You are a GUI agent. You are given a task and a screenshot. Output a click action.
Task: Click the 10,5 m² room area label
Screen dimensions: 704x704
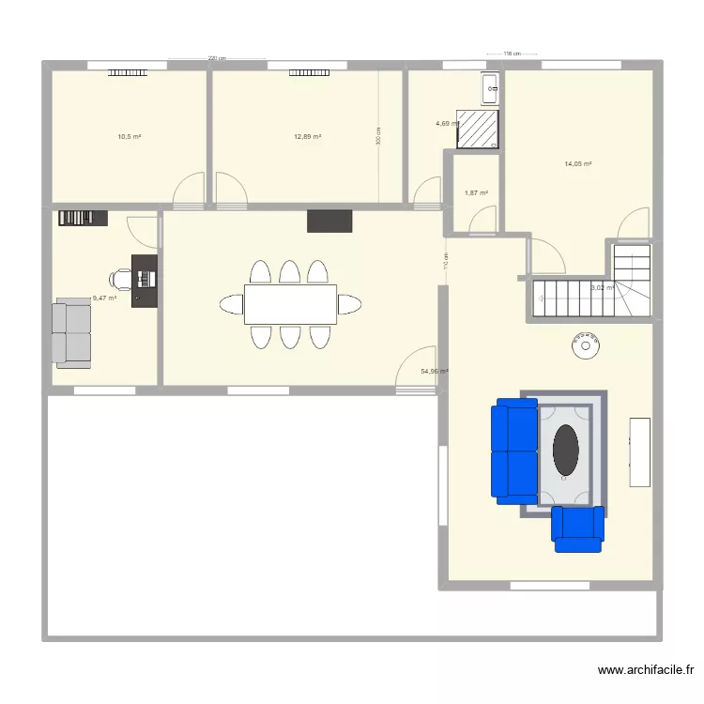pos(129,137)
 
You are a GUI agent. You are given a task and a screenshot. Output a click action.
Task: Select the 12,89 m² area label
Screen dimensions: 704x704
pos(307,137)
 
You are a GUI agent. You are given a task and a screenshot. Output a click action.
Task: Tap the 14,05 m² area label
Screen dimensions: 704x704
pos(577,164)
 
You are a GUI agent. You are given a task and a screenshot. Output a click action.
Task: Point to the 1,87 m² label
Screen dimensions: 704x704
pos(476,193)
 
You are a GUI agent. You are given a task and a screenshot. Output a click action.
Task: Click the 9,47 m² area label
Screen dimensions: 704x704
pos(103,298)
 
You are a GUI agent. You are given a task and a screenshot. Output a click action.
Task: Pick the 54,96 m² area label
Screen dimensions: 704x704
pos(434,371)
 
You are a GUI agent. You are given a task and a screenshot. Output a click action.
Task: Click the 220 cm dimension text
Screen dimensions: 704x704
pos(217,58)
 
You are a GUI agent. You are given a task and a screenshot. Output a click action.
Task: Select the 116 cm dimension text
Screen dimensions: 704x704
pos(512,54)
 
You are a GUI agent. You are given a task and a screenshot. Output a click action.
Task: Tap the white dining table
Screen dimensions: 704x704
pos(290,304)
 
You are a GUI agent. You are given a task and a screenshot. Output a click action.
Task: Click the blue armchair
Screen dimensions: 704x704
pos(577,528)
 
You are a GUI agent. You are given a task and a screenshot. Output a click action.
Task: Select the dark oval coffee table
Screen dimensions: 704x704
pos(565,451)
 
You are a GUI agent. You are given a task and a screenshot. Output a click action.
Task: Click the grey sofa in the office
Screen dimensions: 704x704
pos(73,332)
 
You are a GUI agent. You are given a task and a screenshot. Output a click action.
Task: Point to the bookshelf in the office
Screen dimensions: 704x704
pos(83,218)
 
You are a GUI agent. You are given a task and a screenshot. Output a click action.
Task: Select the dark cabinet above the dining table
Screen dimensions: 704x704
pos(329,221)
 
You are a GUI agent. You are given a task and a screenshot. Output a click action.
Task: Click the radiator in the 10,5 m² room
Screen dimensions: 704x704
pos(126,71)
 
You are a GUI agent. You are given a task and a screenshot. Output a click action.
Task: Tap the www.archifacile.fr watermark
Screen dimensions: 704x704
pos(647,670)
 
